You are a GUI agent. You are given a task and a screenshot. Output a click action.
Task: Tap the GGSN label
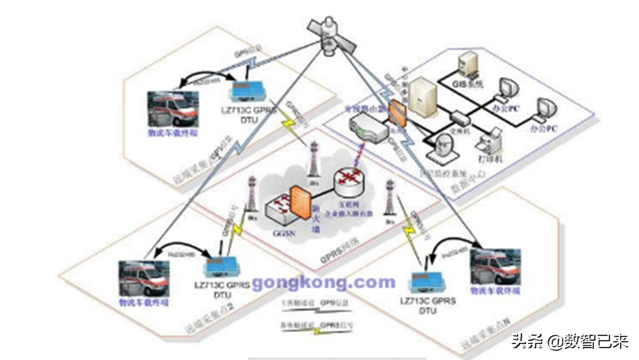pyautogui.click(x=284, y=234)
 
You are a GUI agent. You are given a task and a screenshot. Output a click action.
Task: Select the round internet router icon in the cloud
pyautogui.click(x=349, y=182)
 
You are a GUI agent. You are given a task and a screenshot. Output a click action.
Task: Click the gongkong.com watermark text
pyautogui.click(x=323, y=282)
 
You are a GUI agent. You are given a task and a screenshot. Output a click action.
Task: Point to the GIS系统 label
pyautogui.click(x=468, y=84)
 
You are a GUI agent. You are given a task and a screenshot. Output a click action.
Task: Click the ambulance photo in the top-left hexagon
pyautogui.click(x=173, y=109)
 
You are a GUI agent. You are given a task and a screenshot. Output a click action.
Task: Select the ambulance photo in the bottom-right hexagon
pyautogui.click(x=495, y=267)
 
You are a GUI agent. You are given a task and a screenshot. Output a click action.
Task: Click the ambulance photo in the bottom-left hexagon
pyautogui.click(x=144, y=279)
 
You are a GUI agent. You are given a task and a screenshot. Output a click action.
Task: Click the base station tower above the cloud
pyautogui.click(x=314, y=159)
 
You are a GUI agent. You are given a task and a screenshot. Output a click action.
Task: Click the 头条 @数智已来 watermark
pyautogui.click(x=569, y=341)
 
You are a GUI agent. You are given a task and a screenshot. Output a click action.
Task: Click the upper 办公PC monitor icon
pyautogui.click(x=508, y=89)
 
